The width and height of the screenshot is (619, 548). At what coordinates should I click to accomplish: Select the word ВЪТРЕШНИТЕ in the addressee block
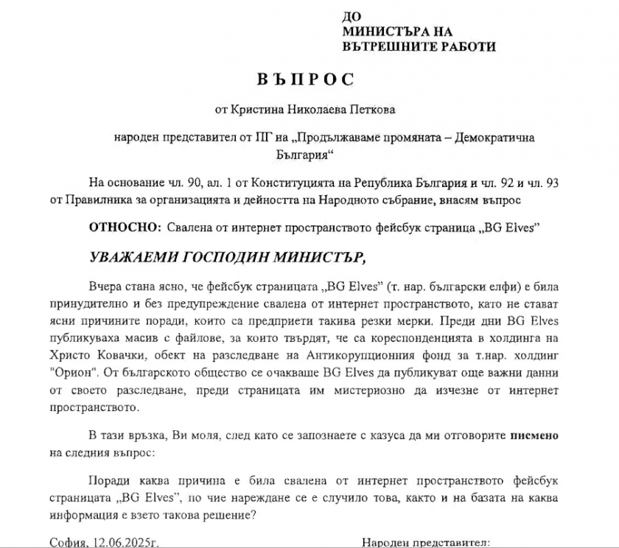click(x=387, y=46)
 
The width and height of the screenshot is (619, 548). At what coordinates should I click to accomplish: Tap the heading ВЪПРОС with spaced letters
click(x=306, y=79)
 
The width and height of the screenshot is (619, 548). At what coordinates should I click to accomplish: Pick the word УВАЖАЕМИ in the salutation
click(x=132, y=259)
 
